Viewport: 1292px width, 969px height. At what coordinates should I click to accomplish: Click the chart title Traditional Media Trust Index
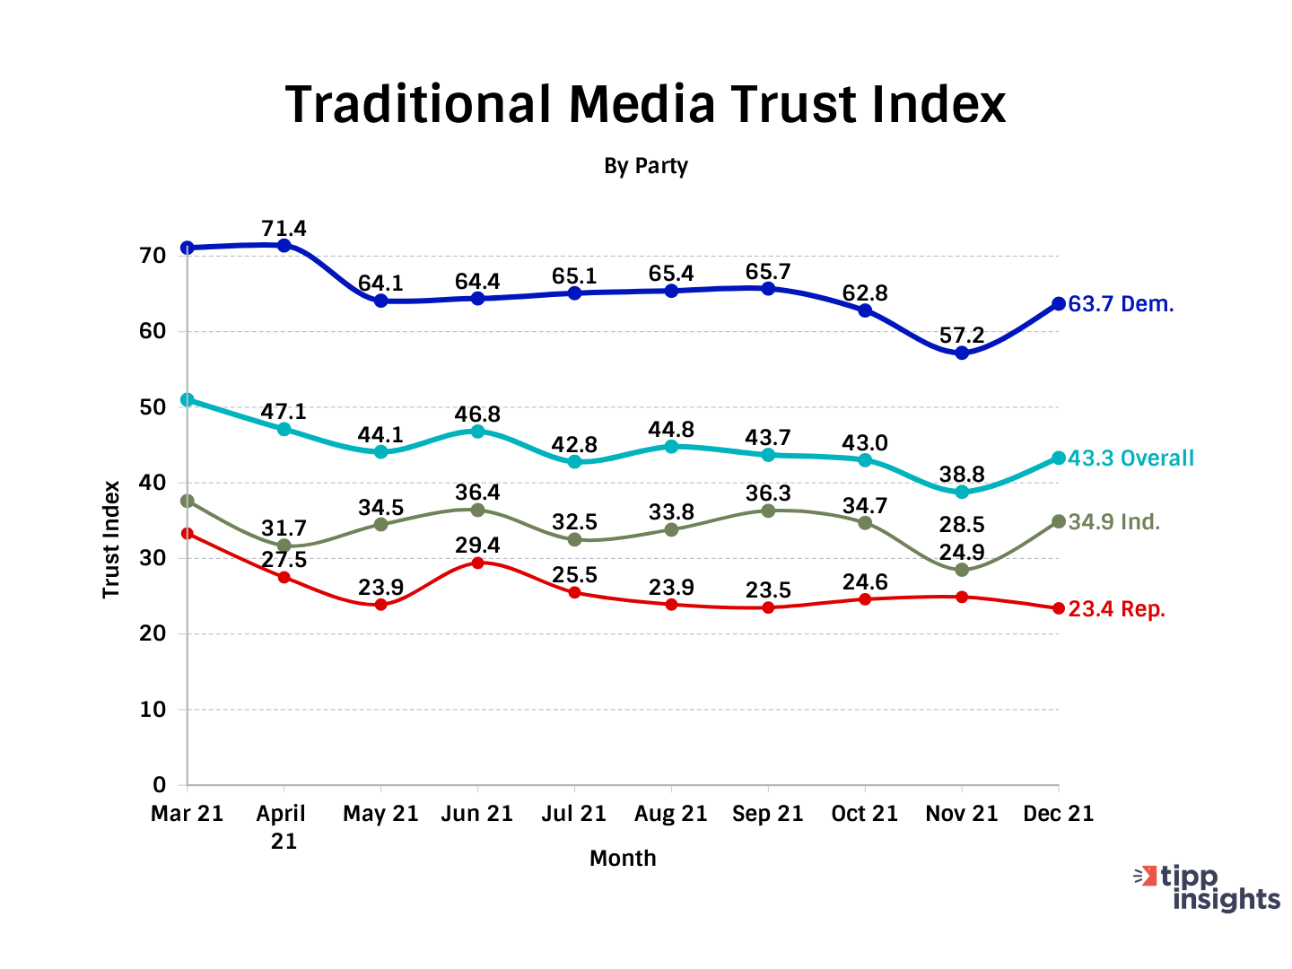(645, 104)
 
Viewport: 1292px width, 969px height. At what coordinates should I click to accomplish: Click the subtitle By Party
(645, 166)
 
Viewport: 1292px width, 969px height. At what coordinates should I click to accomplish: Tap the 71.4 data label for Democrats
(284, 229)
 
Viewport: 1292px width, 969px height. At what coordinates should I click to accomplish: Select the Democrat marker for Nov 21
(962, 353)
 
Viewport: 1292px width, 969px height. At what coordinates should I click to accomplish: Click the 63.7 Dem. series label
(1121, 304)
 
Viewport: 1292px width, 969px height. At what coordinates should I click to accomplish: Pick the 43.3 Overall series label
(1130, 458)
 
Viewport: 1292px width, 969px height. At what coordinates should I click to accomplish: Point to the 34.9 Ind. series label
(1113, 522)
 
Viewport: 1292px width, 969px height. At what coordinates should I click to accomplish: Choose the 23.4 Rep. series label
(1116, 609)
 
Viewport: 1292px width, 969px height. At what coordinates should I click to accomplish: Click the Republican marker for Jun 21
(477, 563)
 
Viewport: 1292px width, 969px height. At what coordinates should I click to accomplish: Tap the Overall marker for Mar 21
(187, 399)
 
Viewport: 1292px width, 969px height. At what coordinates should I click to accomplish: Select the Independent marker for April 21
(284, 545)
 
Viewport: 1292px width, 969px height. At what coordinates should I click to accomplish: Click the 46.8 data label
(477, 415)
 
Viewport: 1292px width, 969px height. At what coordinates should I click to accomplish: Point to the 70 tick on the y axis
(153, 256)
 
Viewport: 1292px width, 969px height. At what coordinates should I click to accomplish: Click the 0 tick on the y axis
(159, 785)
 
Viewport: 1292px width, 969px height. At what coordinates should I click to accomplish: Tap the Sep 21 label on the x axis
(767, 814)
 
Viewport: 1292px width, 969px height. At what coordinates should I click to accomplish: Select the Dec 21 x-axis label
(1059, 814)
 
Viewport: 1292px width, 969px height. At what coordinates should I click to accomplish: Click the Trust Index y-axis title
(111, 539)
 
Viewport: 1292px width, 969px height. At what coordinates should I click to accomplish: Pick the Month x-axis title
(623, 859)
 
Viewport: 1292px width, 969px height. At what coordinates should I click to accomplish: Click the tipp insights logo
(1208, 887)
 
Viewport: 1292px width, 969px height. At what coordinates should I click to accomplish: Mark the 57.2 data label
(962, 336)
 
